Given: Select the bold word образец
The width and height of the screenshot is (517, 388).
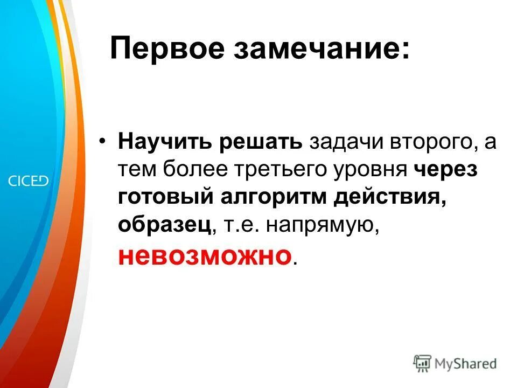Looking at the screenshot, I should click(x=164, y=225).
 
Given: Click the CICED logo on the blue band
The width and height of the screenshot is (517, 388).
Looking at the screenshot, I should click(x=28, y=181).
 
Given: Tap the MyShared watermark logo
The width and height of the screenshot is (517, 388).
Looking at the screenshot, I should click(x=455, y=363).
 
